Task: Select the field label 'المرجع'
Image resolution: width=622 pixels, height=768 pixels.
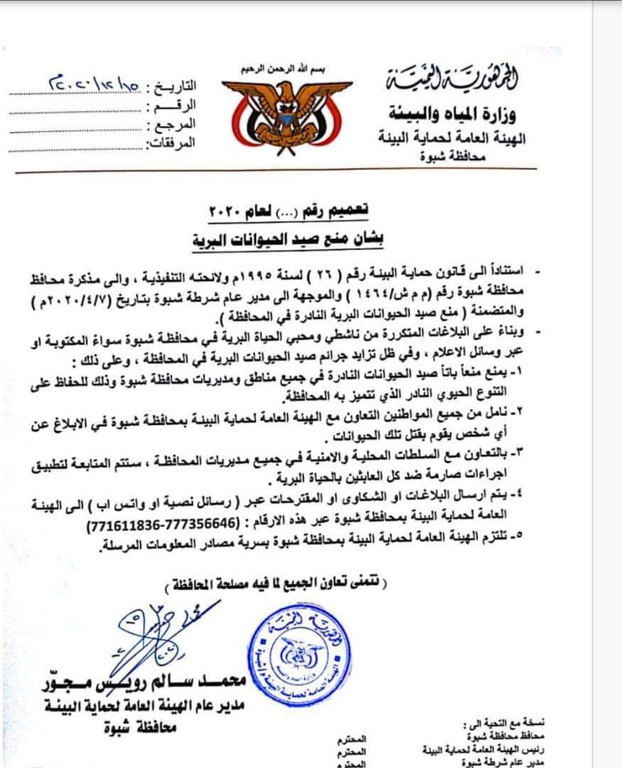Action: tap(171, 125)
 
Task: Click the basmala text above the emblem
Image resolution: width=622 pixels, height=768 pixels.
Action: tap(287, 69)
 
